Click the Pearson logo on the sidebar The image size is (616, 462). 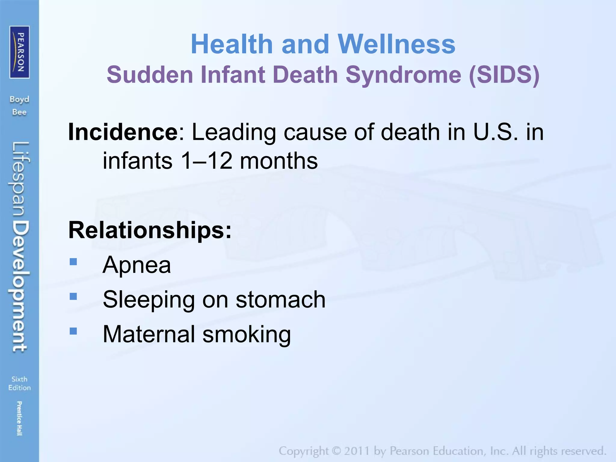(20, 52)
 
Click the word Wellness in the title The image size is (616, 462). (396, 44)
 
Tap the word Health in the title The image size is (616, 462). (232, 44)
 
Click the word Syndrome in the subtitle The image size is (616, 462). (403, 75)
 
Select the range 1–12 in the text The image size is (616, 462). (206, 161)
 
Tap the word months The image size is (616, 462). (279, 161)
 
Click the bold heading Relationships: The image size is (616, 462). (150, 230)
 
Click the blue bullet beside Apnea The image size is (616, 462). (73, 262)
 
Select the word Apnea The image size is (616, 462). (137, 265)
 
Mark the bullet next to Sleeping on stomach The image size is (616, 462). (73, 297)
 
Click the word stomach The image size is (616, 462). (280, 300)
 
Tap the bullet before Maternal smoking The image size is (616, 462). (73, 331)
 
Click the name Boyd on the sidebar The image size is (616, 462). (20, 100)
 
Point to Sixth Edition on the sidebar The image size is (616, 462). (20, 383)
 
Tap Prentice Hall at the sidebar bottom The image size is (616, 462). (19, 418)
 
